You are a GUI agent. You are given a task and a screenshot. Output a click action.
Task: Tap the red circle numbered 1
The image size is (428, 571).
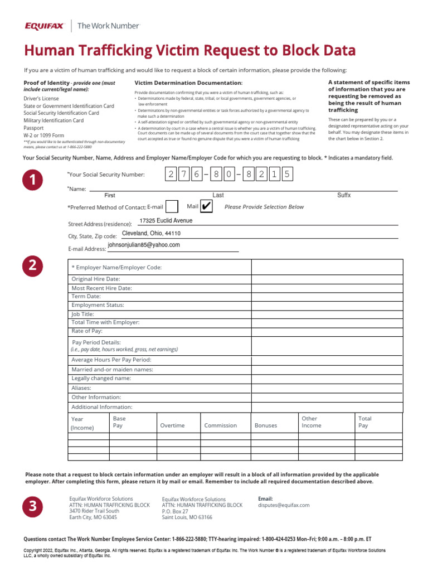pos(33,181)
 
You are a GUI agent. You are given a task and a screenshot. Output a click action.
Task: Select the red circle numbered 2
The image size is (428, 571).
pos(33,267)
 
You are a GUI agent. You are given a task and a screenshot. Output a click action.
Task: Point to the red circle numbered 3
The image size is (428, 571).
pos(33,506)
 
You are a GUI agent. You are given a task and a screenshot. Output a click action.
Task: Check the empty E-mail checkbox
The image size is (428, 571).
pos(173,207)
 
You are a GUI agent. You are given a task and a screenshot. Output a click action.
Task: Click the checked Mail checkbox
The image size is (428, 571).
pos(206,207)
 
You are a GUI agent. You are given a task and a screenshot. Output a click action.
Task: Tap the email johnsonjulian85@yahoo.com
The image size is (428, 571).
pos(144,245)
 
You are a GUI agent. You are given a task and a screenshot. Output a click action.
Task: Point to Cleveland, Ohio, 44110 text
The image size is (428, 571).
pos(151,233)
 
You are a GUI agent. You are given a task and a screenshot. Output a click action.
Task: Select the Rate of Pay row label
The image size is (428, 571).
pos(87,331)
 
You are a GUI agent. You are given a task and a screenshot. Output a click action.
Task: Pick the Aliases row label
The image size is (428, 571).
pos(81,388)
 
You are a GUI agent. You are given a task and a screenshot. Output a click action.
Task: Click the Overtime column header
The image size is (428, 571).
pos(172,425)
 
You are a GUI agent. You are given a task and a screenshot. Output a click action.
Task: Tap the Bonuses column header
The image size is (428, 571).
pos(266,425)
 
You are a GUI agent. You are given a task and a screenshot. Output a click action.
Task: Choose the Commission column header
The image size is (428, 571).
pos(220,425)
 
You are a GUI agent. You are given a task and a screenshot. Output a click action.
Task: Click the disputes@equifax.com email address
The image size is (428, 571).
pos(284,505)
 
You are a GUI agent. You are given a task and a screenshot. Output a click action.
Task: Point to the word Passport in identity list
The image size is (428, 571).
pos(33,128)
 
